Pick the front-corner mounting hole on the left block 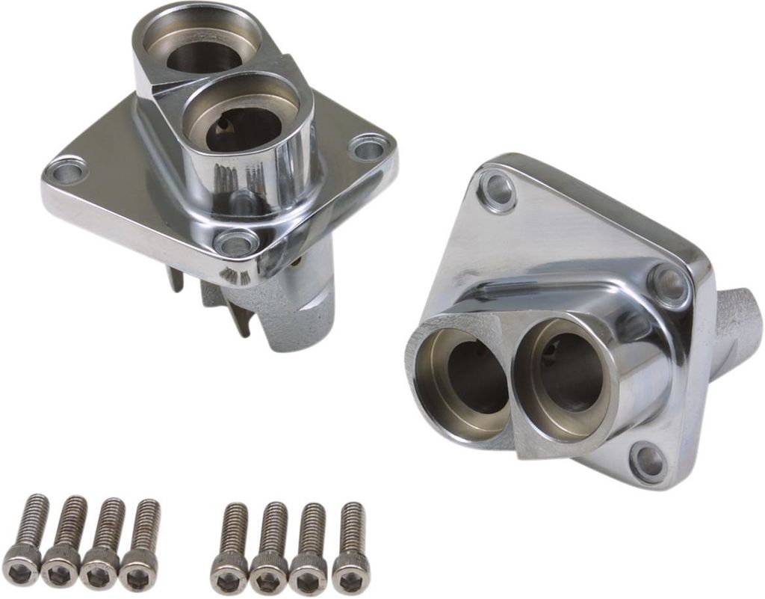[x=235, y=243]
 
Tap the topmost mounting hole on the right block [x=498, y=187]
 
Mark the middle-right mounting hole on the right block [x=669, y=285]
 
